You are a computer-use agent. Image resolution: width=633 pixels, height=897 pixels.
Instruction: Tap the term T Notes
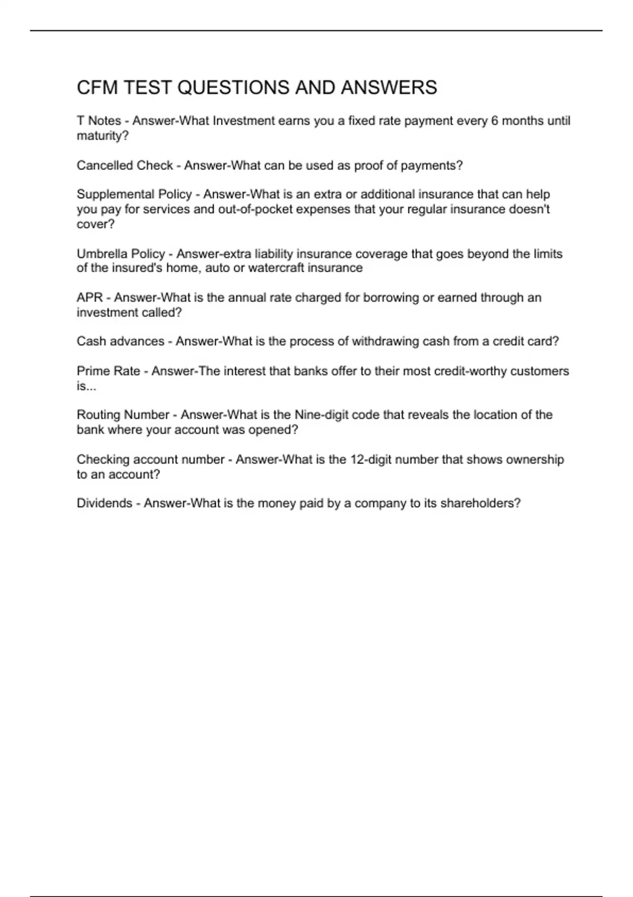point(99,121)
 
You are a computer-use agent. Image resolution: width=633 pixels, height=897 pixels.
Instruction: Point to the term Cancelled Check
point(124,166)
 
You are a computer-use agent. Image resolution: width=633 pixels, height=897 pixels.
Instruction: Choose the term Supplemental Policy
point(134,194)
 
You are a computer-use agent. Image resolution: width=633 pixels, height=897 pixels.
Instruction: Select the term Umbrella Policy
point(121,254)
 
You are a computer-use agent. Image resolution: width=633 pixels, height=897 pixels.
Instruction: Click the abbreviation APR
point(90,298)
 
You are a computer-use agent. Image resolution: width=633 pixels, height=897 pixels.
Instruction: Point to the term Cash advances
point(120,341)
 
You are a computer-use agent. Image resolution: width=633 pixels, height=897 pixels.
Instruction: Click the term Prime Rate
point(108,371)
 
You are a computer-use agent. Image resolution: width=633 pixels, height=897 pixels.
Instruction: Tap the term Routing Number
point(123,415)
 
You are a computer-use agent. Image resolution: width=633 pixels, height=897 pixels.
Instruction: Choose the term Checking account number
point(150,460)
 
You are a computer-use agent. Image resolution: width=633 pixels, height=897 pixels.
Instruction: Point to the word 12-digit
point(370,460)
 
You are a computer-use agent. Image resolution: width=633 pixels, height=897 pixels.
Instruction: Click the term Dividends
point(104,503)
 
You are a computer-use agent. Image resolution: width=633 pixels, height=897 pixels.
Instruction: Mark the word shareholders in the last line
point(478,503)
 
